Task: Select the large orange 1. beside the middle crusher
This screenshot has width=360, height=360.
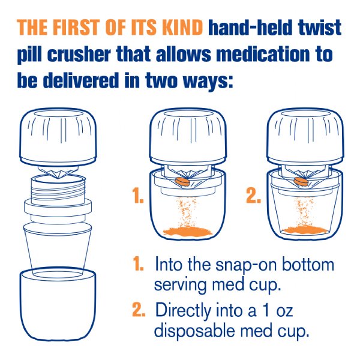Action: pyautogui.click(x=138, y=196)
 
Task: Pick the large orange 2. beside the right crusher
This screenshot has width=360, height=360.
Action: pyautogui.click(x=253, y=196)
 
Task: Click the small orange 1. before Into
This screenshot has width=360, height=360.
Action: pyautogui.click(x=139, y=264)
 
